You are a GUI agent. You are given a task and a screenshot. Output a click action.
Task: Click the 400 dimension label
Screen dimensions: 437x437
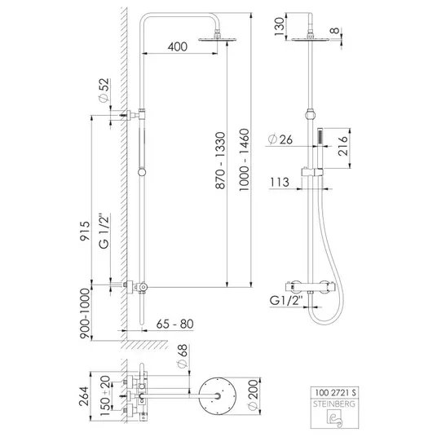point(178,46)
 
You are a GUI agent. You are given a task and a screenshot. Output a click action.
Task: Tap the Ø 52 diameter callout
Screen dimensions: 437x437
point(104,90)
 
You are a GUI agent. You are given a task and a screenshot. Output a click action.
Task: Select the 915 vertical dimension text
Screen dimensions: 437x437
point(85,231)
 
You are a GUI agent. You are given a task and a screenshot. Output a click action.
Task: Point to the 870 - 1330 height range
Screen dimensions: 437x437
point(220,161)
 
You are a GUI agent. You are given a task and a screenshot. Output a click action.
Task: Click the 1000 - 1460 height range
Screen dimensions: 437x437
point(244,160)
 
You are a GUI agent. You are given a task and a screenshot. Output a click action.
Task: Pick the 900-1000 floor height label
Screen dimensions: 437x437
point(85,313)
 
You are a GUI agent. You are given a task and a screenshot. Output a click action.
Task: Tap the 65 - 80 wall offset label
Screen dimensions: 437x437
point(174,324)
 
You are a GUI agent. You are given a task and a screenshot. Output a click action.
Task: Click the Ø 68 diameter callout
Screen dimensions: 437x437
point(183,356)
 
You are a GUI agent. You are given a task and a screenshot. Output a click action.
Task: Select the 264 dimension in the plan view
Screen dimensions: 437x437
point(84,396)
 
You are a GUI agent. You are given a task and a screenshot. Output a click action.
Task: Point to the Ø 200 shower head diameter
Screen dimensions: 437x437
point(254,395)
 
